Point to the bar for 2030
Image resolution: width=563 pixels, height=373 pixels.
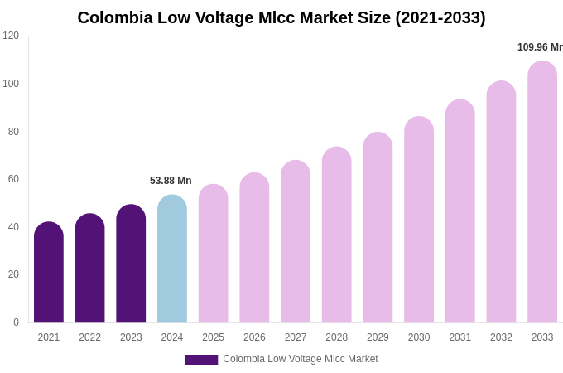[419, 220]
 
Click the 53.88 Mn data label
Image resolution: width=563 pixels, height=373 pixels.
[171, 181]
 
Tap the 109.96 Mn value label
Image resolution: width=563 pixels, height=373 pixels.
[540, 47]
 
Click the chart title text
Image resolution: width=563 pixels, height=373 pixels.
[281, 17]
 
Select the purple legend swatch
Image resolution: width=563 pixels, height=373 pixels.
[201, 360]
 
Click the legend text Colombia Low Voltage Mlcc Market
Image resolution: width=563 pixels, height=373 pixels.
[301, 359]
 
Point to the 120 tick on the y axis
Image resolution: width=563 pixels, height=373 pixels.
[11, 36]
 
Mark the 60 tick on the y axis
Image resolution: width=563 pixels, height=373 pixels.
[13, 179]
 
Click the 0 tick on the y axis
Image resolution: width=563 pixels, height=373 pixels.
[16, 322]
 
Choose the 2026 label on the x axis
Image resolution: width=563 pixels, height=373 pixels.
[254, 337]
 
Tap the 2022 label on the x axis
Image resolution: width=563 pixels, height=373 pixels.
[90, 337]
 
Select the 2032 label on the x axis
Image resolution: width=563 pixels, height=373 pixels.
[501, 337]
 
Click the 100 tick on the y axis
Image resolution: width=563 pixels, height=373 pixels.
[11, 84]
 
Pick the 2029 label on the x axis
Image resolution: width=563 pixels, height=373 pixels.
[378, 337]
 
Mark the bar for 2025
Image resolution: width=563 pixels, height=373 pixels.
[214, 254]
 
